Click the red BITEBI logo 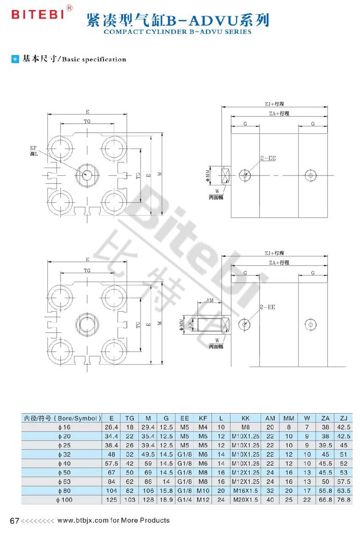(38, 14)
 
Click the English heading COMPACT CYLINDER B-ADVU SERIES (177, 32)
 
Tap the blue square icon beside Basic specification (15, 59)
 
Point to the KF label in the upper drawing (33, 148)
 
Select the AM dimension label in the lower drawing (210, 300)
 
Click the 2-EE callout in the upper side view (268, 158)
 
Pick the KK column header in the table (245, 418)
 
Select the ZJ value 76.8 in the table (343, 500)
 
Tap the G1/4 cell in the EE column (184, 500)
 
